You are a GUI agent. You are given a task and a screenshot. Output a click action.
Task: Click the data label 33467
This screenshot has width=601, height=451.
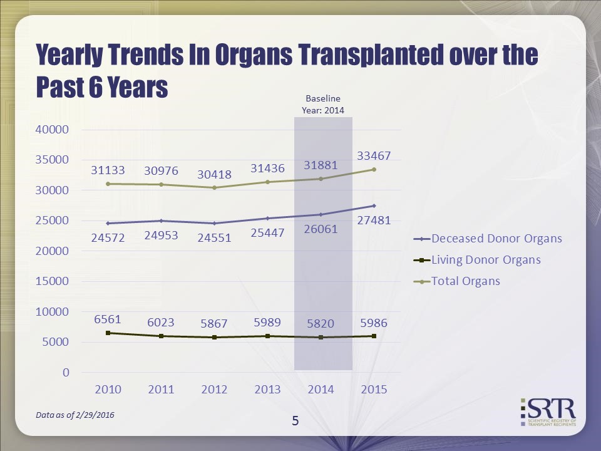click(x=375, y=155)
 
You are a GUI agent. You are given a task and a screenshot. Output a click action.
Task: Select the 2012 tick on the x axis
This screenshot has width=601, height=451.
click(x=214, y=390)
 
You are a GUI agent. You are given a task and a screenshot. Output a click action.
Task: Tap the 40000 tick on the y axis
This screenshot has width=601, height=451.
click(x=53, y=130)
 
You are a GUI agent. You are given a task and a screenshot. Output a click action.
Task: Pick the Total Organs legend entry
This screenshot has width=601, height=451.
click(x=466, y=281)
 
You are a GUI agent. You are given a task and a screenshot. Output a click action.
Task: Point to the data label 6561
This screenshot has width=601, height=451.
click(x=108, y=319)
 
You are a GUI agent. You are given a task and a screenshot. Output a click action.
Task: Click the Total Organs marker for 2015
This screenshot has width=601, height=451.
click(x=374, y=169)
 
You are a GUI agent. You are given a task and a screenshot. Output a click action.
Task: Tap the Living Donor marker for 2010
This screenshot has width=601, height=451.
click(x=108, y=333)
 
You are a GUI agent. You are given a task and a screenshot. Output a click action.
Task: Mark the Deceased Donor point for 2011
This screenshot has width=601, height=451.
click(x=161, y=220)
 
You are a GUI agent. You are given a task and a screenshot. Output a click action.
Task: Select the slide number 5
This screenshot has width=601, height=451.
click(x=295, y=421)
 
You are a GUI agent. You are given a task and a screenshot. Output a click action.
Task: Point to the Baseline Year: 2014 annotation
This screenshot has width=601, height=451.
click(x=323, y=104)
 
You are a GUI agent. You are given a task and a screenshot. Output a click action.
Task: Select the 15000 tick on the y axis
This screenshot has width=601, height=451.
click(x=53, y=281)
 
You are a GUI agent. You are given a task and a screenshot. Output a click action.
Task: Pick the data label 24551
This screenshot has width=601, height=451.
click(x=214, y=237)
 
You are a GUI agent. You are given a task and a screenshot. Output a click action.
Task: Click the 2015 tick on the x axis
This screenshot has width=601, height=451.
click(x=374, y=390)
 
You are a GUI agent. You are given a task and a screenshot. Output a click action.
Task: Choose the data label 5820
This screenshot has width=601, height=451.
click(x=321, y=324)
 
